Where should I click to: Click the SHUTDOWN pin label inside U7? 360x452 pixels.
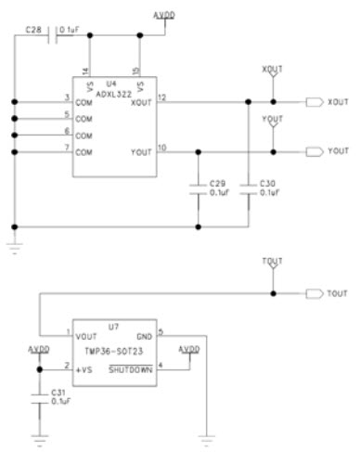132,369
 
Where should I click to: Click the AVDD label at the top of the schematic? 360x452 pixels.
162,16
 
